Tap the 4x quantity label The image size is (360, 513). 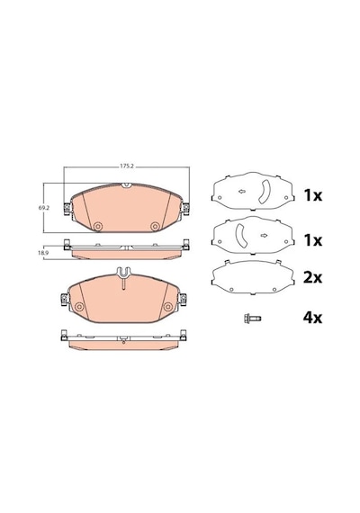coord(312,318)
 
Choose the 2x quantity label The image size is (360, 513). coord(312,278)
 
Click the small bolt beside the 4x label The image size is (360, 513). coord(252,318)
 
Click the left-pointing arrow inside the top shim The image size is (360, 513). coord(242,192)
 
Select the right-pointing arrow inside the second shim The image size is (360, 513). coord(264,235)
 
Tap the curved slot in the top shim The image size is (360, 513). coord(264,192)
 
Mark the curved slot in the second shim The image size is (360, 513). coord(240,236)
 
